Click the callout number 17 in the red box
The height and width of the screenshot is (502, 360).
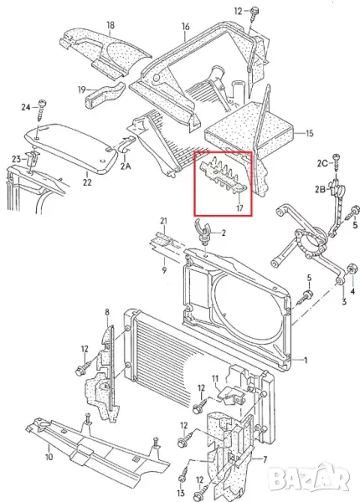239,208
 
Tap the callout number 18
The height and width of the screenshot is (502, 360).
111,25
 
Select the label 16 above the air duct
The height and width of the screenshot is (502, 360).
186,27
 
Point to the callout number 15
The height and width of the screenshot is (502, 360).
310,133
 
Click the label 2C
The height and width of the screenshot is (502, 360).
322,163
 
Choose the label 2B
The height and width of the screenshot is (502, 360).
321,189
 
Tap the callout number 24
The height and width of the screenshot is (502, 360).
26,107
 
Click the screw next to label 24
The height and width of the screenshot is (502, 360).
41,110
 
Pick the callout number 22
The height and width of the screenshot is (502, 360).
87,182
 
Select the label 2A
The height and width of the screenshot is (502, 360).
126,166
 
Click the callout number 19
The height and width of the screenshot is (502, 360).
82,90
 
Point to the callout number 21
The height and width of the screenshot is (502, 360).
163,221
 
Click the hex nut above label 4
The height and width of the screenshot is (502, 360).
352,269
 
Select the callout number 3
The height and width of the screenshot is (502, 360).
344,301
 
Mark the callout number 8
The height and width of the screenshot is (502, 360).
107,312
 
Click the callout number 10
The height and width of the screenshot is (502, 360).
49,457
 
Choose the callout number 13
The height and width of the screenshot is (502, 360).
181,493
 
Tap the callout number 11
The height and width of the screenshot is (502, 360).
215,379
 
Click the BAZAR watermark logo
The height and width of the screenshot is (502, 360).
308,479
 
